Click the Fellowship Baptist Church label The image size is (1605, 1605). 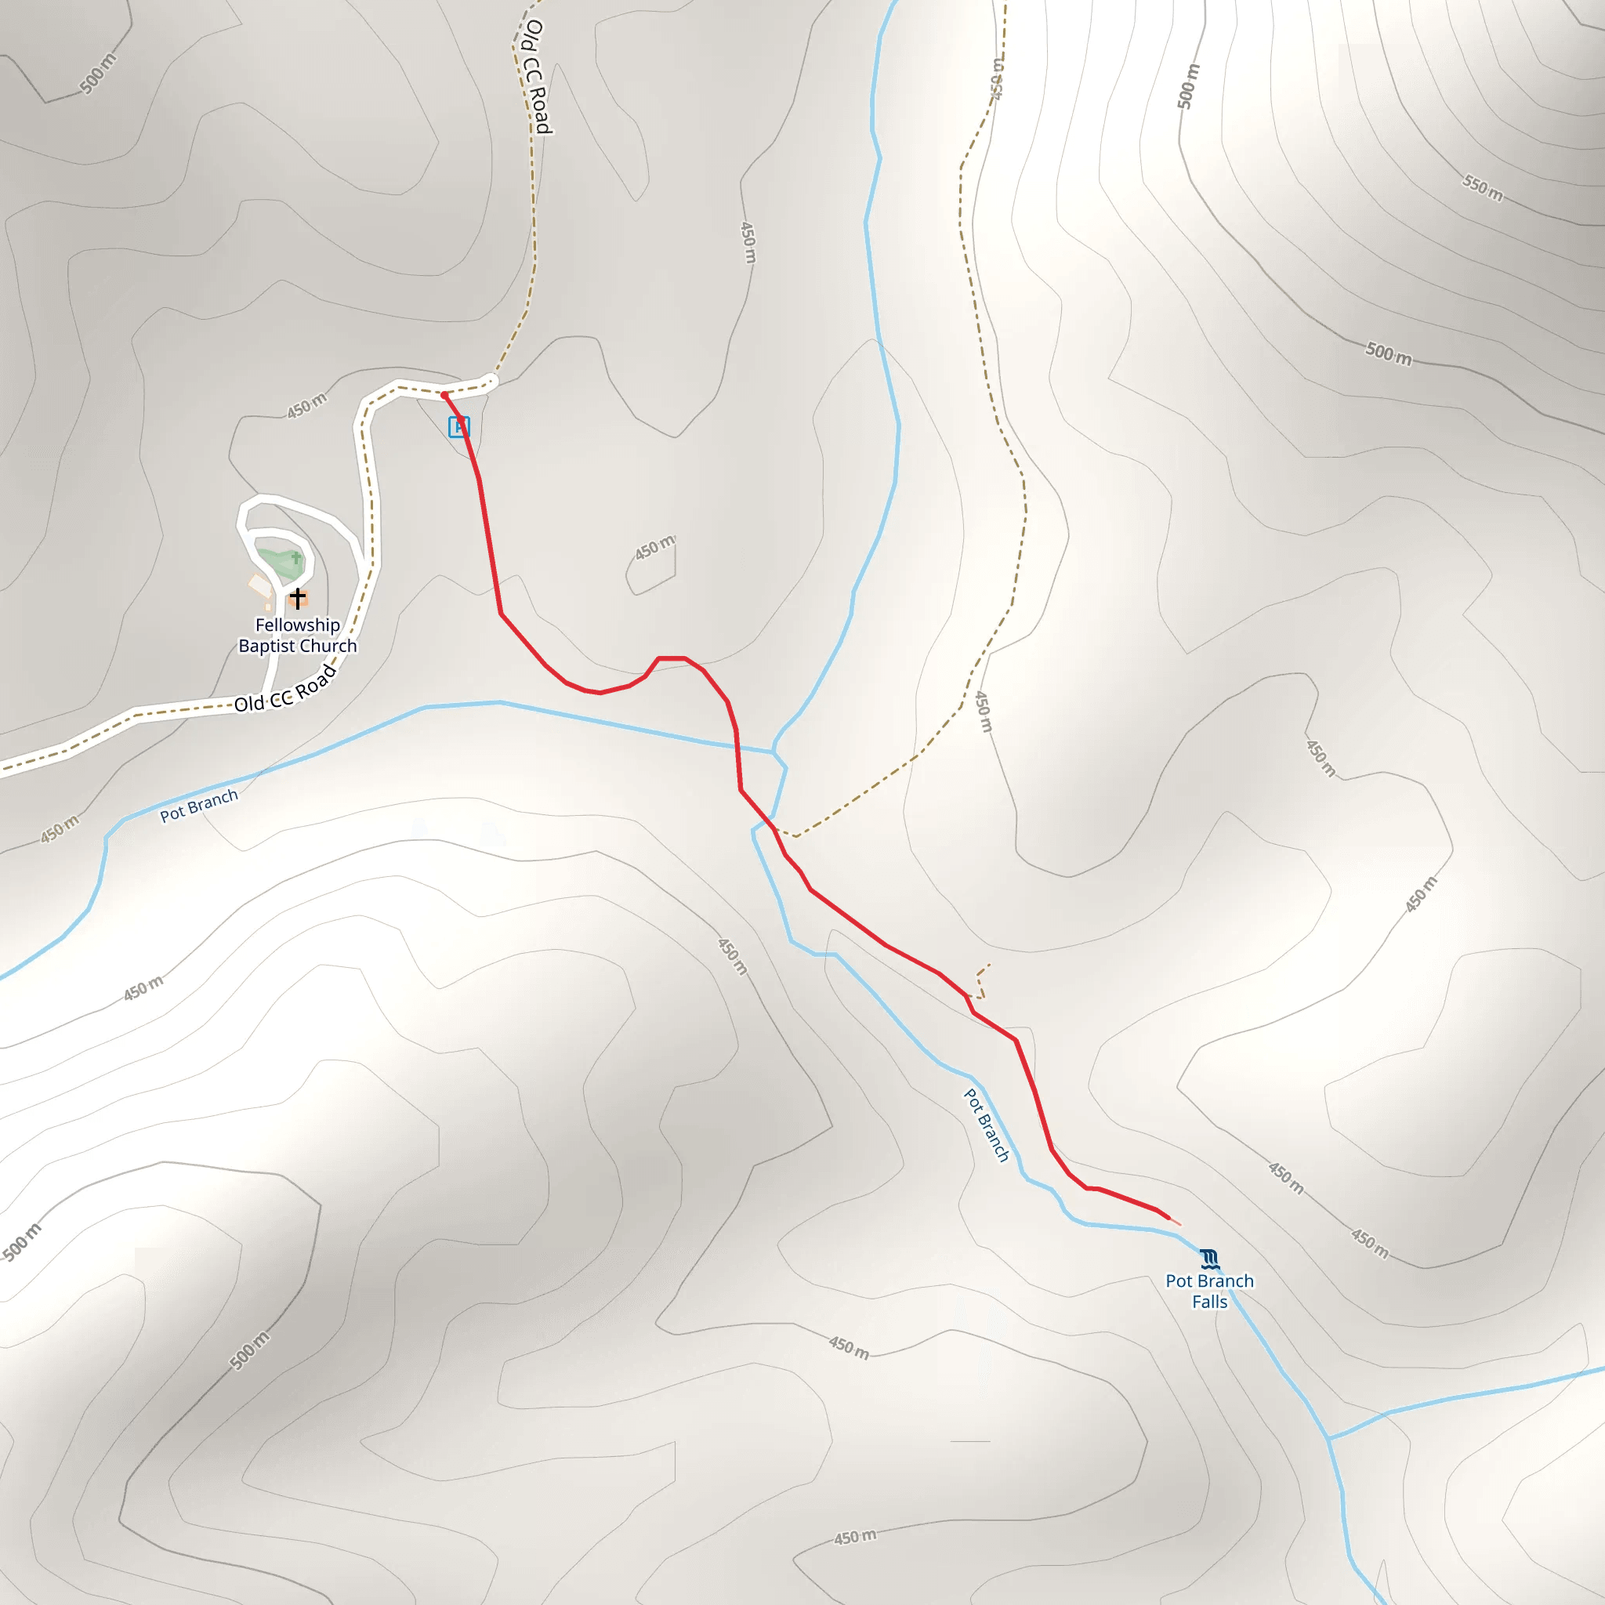click(x=297, y=636)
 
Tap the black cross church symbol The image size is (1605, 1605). click(x=297, y=598)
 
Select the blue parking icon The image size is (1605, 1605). click(x=458, y=427)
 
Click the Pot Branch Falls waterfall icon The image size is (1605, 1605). click(x=1209, y=1260)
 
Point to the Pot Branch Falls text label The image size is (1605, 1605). click(x=1209, y=1291)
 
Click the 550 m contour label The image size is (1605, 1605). click(x=1483, y=189)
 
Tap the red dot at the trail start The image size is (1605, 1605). click(x=444, y=396)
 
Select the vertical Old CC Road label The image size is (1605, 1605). click(x=538, y=77)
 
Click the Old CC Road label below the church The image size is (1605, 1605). click(x=285, y=690)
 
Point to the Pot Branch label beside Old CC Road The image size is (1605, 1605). click(x=199, y=805)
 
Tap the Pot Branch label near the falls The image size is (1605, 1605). click(x=987, y=1125)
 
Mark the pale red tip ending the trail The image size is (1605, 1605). click(x=1176, y=1222)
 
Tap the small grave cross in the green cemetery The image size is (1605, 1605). click(x=295, y=557)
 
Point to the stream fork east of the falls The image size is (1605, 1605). click(x=1329, y=1438)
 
